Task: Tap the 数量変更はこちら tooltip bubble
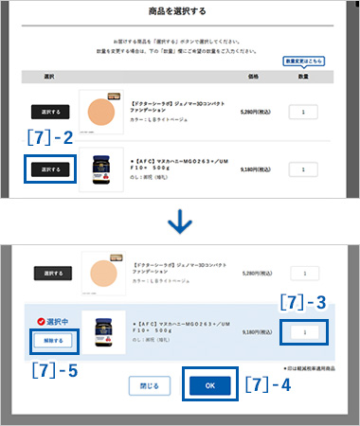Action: (304, 62)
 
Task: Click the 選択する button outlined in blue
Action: (51, 169)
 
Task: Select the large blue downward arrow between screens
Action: (179, 223)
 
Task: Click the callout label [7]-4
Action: (266, 386)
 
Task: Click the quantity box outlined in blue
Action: (304, 332)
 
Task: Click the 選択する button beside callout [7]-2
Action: (51, 169)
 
